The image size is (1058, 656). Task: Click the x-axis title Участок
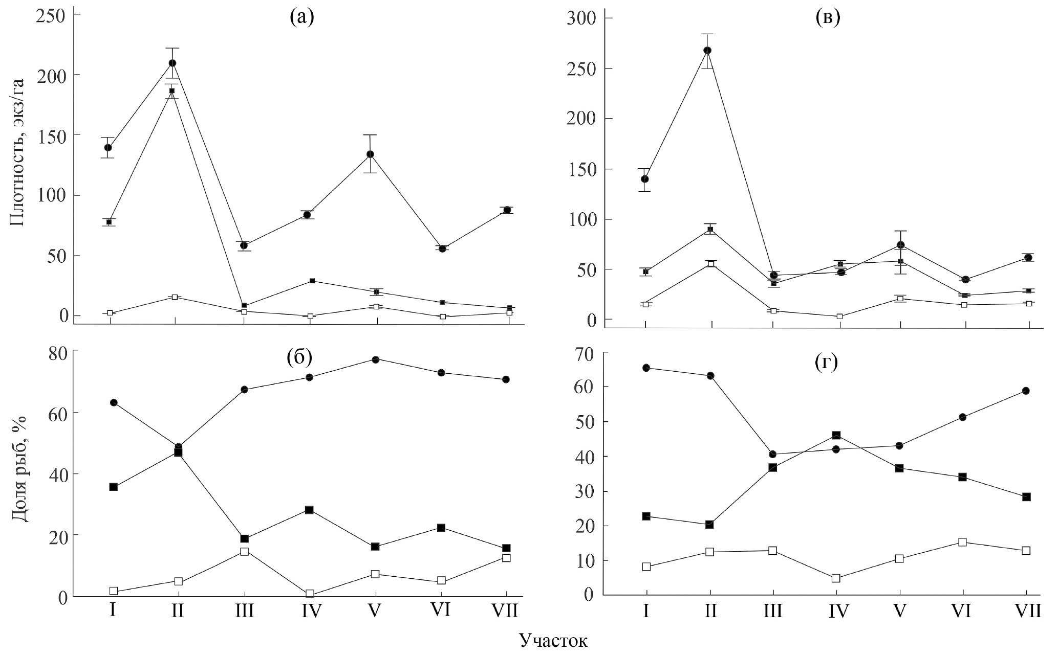coord(553,641)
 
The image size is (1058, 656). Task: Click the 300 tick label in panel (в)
coord(581,19)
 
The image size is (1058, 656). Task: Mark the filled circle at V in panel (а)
coord(370,154)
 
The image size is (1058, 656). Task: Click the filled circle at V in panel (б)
coord(375,360)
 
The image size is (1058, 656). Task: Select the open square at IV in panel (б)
coord(310,594)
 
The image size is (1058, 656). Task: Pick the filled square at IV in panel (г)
coord(836,435)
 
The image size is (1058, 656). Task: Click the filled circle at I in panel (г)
coord(646,368)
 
